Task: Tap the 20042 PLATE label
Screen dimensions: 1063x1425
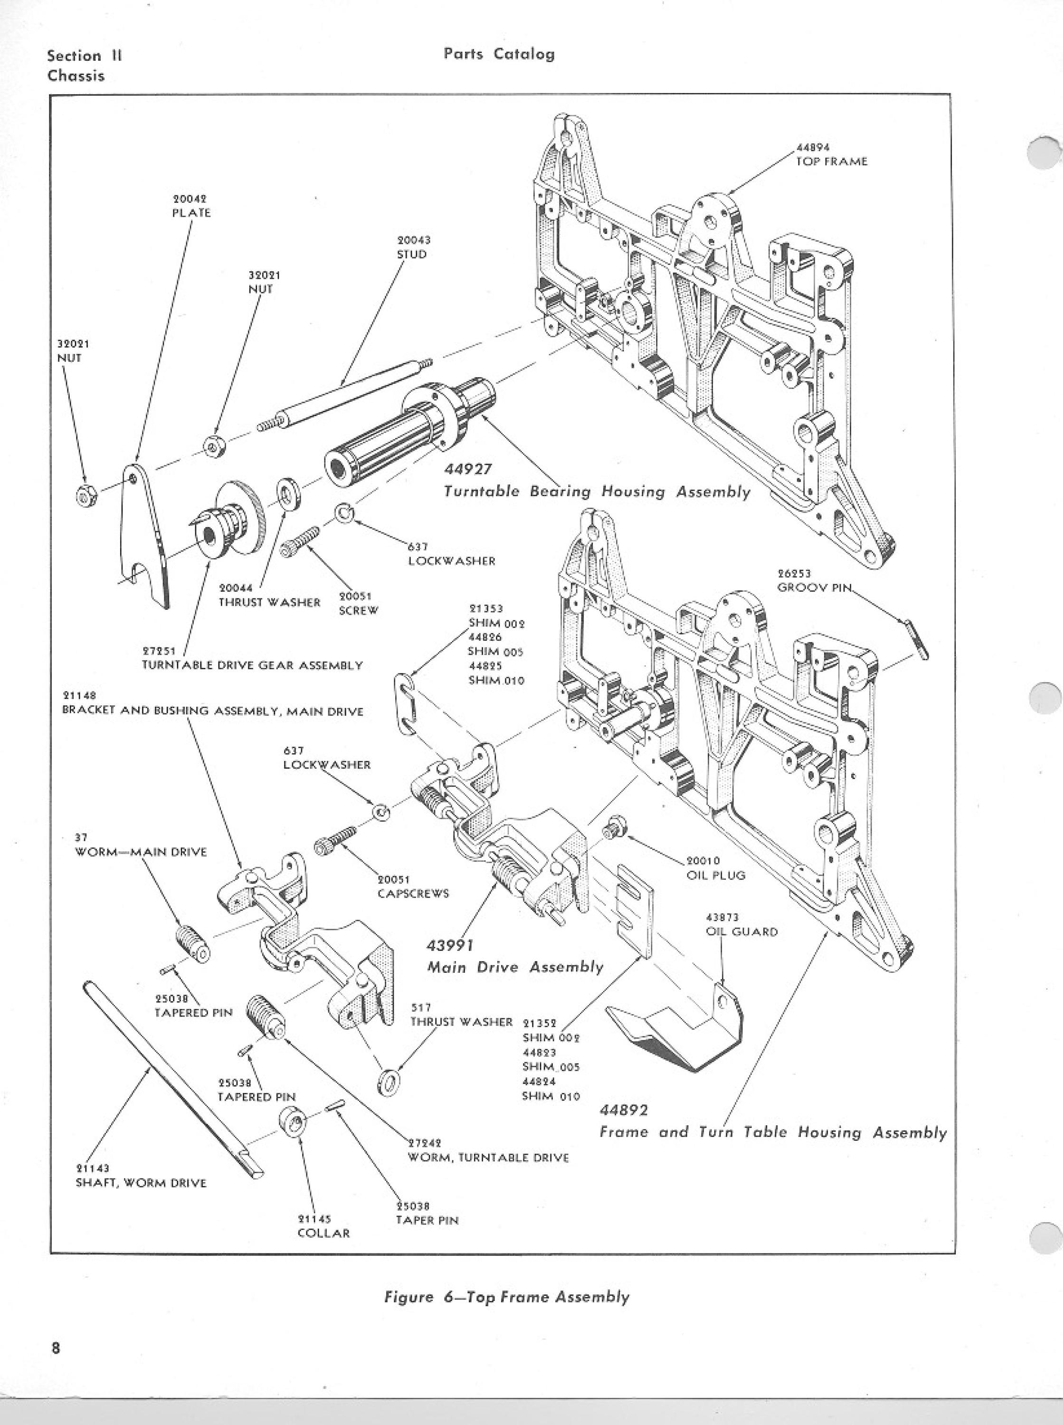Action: tap(190, 206)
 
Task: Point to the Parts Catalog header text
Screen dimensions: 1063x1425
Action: tap(499, 54)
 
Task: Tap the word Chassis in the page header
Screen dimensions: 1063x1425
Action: tap(76, 75)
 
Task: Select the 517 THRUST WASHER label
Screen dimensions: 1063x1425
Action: tap(461, 1015)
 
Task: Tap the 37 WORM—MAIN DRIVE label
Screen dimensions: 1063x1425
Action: tap(140, 845)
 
